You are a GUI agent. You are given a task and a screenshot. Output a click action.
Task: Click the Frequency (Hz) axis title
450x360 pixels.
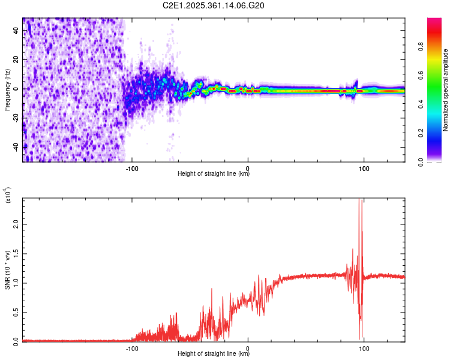7,90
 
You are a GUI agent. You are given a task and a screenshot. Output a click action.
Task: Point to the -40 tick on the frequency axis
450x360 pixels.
15,146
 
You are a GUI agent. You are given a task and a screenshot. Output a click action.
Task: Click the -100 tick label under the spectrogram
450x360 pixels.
132,169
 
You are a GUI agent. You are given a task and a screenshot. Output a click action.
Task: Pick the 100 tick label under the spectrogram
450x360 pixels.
364,169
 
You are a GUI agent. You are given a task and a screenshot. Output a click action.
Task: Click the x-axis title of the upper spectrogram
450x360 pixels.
214,175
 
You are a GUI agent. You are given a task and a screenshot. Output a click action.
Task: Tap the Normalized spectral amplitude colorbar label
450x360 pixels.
446,90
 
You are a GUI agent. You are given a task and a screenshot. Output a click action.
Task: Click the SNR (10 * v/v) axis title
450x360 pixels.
7,270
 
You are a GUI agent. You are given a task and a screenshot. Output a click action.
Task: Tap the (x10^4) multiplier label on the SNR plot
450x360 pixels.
7,196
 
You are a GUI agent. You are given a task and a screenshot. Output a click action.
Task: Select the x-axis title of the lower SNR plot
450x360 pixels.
214,355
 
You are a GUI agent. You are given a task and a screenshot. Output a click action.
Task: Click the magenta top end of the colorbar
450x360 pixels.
434,21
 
